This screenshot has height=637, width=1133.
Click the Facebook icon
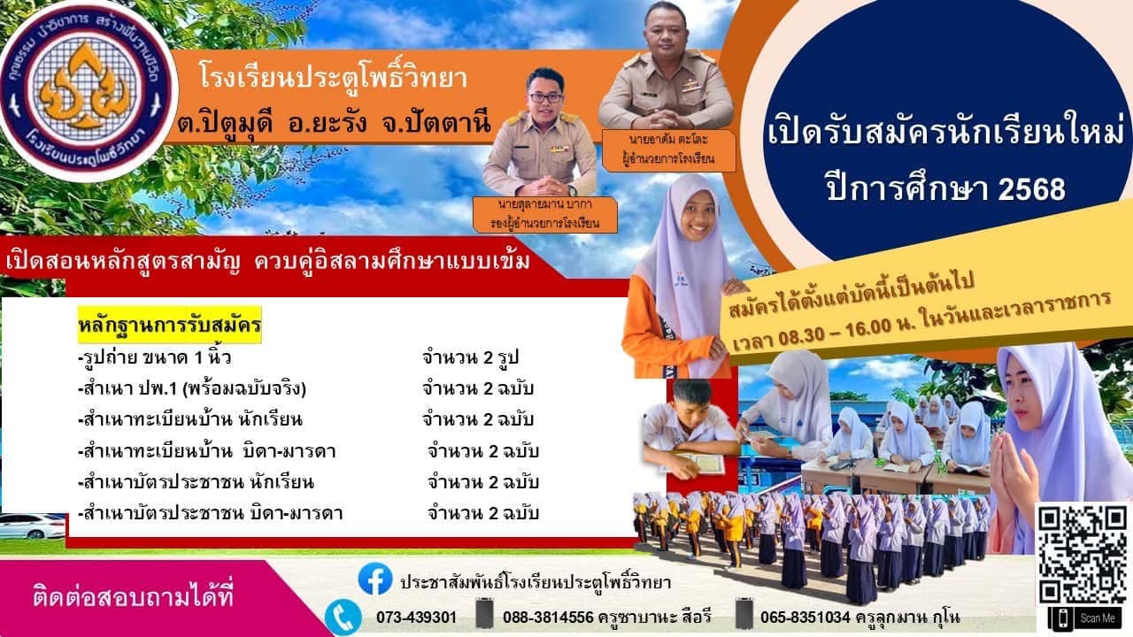coord(374,579)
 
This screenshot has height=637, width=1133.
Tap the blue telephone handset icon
coord(343,618)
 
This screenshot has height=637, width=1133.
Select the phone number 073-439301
coord(416,618)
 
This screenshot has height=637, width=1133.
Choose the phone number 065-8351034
coord(805,618)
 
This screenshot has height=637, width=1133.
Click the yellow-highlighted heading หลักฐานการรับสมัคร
coord(169,325)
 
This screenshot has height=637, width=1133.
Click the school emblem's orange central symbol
coord(89,88)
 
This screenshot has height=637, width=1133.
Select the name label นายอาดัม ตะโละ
coord(667,140)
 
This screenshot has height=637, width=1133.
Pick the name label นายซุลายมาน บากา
coord(545,204)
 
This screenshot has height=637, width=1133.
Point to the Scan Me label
coord(1098,618)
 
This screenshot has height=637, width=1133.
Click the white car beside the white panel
coord(33,526)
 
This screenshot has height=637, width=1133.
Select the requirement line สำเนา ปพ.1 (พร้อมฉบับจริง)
coord(193,388)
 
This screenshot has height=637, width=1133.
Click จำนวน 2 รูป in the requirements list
coord(470,358)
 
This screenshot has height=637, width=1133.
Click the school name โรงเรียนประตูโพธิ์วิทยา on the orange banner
coord(333,80)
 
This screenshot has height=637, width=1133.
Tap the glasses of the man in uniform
coord(545,97)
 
